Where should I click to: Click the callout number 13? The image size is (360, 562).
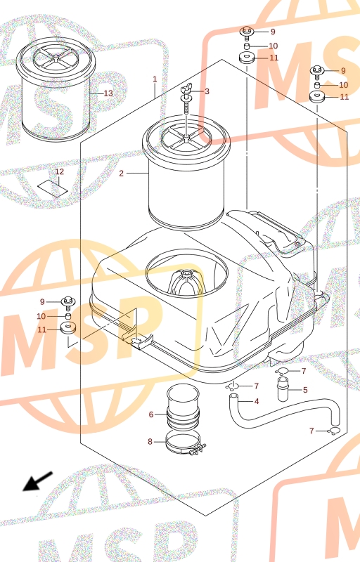coord(108,93)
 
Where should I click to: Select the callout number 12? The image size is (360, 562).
coord(60,171)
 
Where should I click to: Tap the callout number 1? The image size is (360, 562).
coord(155,79)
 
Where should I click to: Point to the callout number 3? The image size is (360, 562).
coord(207,91)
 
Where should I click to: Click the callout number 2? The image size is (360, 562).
coord(121,174)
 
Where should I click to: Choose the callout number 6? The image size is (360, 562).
coord(151,414)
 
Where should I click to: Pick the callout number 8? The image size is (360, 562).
coord(150,442)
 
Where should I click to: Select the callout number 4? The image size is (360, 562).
coord(257,401)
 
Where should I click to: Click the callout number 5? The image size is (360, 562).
coord(305,390)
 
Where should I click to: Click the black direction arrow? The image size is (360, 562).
coord(38,481)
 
